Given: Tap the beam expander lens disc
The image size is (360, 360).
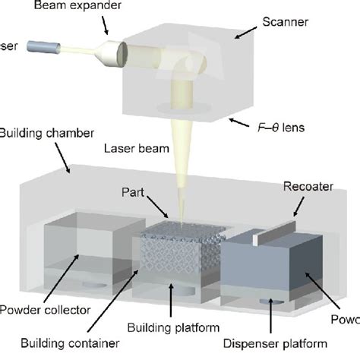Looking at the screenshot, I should pyautogui.click(x=118, y=54).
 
